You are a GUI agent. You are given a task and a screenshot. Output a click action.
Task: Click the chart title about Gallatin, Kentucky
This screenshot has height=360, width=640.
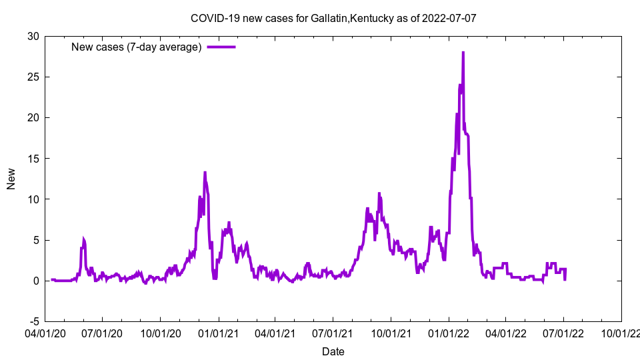click(333, 18)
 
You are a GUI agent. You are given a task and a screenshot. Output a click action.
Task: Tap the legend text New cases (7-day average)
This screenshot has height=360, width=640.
click(136, 47)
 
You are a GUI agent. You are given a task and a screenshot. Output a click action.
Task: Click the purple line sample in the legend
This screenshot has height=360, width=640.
click(221, 47)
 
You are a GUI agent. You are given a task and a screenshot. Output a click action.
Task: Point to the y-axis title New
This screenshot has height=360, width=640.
click(11, 179)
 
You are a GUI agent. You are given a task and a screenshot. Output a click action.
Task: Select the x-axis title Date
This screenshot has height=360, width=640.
click(333, 351)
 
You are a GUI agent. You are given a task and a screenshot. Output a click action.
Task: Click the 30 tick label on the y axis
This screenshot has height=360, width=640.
click(33, 36)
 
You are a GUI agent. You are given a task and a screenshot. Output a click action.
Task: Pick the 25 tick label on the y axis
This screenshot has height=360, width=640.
click(33, 77)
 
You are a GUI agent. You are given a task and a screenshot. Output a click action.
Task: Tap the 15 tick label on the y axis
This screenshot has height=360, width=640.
click(33, 159)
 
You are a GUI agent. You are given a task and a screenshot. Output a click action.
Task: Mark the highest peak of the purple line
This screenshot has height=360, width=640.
click(463, 52)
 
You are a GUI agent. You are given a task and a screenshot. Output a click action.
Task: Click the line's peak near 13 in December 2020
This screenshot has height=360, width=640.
click(205, 173)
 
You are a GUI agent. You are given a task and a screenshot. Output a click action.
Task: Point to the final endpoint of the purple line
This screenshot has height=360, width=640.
click(565, 279)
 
